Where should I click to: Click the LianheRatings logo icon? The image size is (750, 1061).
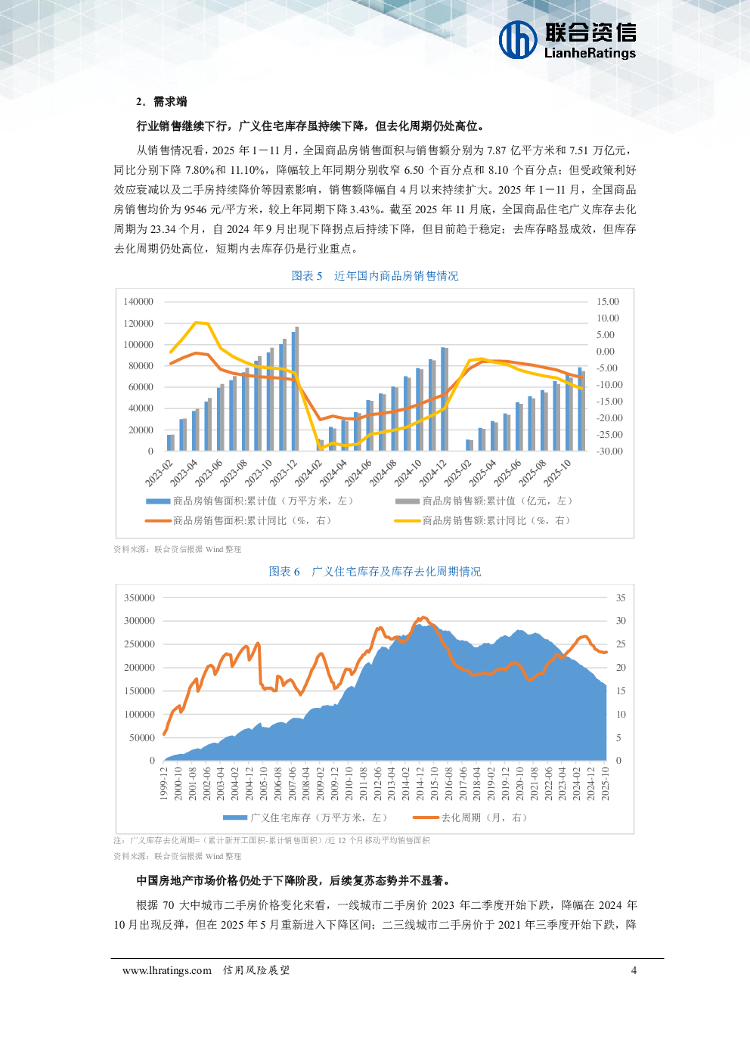518,39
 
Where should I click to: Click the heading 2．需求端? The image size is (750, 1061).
161,101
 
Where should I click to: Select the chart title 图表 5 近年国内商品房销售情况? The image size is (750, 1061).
375,276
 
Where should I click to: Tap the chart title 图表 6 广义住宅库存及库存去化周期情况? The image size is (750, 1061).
375,572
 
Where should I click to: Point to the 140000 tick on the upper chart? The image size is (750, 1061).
138,302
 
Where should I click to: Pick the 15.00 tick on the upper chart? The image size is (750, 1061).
607,302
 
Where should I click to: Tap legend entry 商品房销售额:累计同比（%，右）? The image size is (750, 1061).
496,520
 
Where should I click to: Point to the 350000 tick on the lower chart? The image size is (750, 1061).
139,598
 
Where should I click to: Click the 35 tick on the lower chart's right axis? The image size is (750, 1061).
621,598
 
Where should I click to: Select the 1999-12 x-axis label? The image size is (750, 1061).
164,783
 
